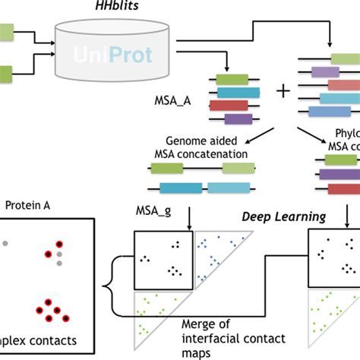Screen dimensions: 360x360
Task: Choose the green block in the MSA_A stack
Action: coord(231,78)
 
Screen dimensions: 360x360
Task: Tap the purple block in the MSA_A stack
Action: coord(238,118)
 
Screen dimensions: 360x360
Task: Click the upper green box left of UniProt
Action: coord(6,32)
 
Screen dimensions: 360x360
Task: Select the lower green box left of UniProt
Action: coord(6,74)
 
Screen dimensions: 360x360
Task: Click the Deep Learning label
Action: coord(283,217)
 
